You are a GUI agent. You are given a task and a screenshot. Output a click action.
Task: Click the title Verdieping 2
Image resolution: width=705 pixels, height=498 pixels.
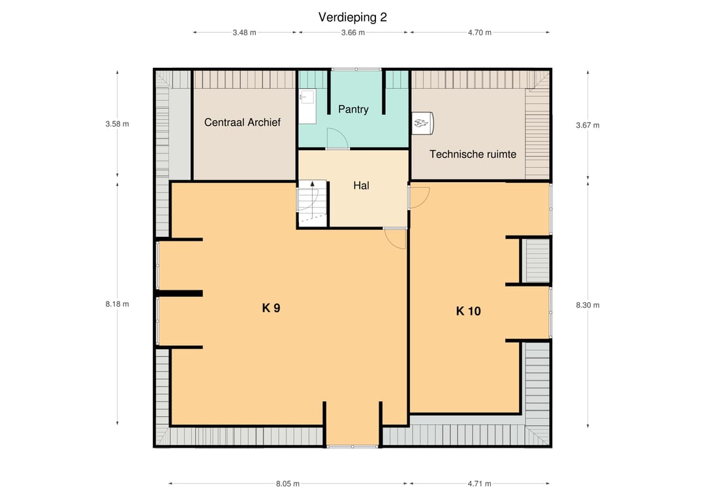[352, 17]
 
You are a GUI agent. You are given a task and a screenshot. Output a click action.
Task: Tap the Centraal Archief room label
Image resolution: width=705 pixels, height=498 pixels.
[242, 122]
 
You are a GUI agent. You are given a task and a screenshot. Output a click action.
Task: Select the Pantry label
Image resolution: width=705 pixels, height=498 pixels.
[353, 109]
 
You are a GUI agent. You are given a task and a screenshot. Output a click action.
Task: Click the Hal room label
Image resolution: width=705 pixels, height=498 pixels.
[361, 185]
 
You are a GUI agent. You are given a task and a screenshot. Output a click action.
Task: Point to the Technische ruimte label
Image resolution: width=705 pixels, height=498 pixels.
[473, 154]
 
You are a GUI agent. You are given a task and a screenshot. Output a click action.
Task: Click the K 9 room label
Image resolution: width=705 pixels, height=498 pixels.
[271, 308]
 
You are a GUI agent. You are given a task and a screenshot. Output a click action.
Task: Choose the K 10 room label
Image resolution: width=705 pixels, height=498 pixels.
[469, 311]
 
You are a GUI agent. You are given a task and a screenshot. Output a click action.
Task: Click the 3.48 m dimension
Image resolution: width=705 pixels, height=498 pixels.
[244, 33]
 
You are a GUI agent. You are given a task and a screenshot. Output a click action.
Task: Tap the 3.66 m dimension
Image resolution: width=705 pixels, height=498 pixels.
[353, 33]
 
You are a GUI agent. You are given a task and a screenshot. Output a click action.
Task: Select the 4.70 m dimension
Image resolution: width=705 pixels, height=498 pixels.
[479, 33]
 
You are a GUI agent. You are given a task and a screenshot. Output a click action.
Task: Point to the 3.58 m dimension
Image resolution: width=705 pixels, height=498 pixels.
[117, 124]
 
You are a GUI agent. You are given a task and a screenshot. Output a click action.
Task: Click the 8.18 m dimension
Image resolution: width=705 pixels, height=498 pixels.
[117, 304]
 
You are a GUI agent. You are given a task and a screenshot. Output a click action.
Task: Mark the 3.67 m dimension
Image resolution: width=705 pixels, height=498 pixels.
[587, 125]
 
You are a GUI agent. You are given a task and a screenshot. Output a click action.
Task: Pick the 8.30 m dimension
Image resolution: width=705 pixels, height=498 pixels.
[587, 305]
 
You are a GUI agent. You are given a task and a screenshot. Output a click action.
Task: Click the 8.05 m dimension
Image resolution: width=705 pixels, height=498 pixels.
[288, 484]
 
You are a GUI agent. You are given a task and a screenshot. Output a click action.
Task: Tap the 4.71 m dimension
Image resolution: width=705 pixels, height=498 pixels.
[479, 484]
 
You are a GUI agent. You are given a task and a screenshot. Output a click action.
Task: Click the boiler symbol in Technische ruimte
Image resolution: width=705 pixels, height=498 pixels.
[422, 123]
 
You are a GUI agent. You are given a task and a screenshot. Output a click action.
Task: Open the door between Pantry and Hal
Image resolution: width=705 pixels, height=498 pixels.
[337, 138]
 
